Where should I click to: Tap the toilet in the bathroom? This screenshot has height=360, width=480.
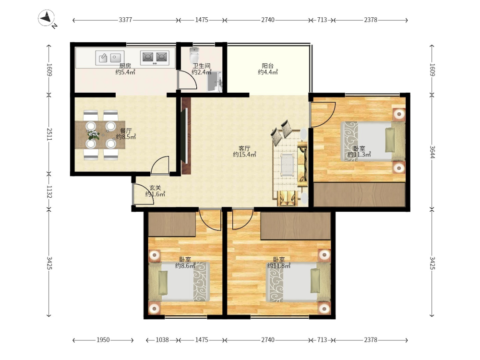tap(194, 55)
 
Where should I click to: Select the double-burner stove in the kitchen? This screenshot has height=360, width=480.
tap(155, 57)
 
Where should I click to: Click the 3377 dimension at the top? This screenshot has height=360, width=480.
tap(125, 20)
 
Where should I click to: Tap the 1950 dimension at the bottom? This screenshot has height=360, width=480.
tap(103, 340)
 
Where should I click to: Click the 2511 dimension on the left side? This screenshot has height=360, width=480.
tap(49, 134)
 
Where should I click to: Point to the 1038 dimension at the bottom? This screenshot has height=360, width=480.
tap(162, 340)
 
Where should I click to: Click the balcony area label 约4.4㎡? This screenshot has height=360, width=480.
tap(268, 72)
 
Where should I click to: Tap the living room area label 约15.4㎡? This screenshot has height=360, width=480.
tap(244, 155)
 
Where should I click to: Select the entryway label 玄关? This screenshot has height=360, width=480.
tap(155, 187)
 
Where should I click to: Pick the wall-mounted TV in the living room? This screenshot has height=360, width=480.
tap(185, 136)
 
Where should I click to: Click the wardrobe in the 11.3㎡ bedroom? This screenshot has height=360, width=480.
tap(360, 195)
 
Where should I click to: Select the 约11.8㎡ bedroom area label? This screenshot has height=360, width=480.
tap(278, 266)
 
